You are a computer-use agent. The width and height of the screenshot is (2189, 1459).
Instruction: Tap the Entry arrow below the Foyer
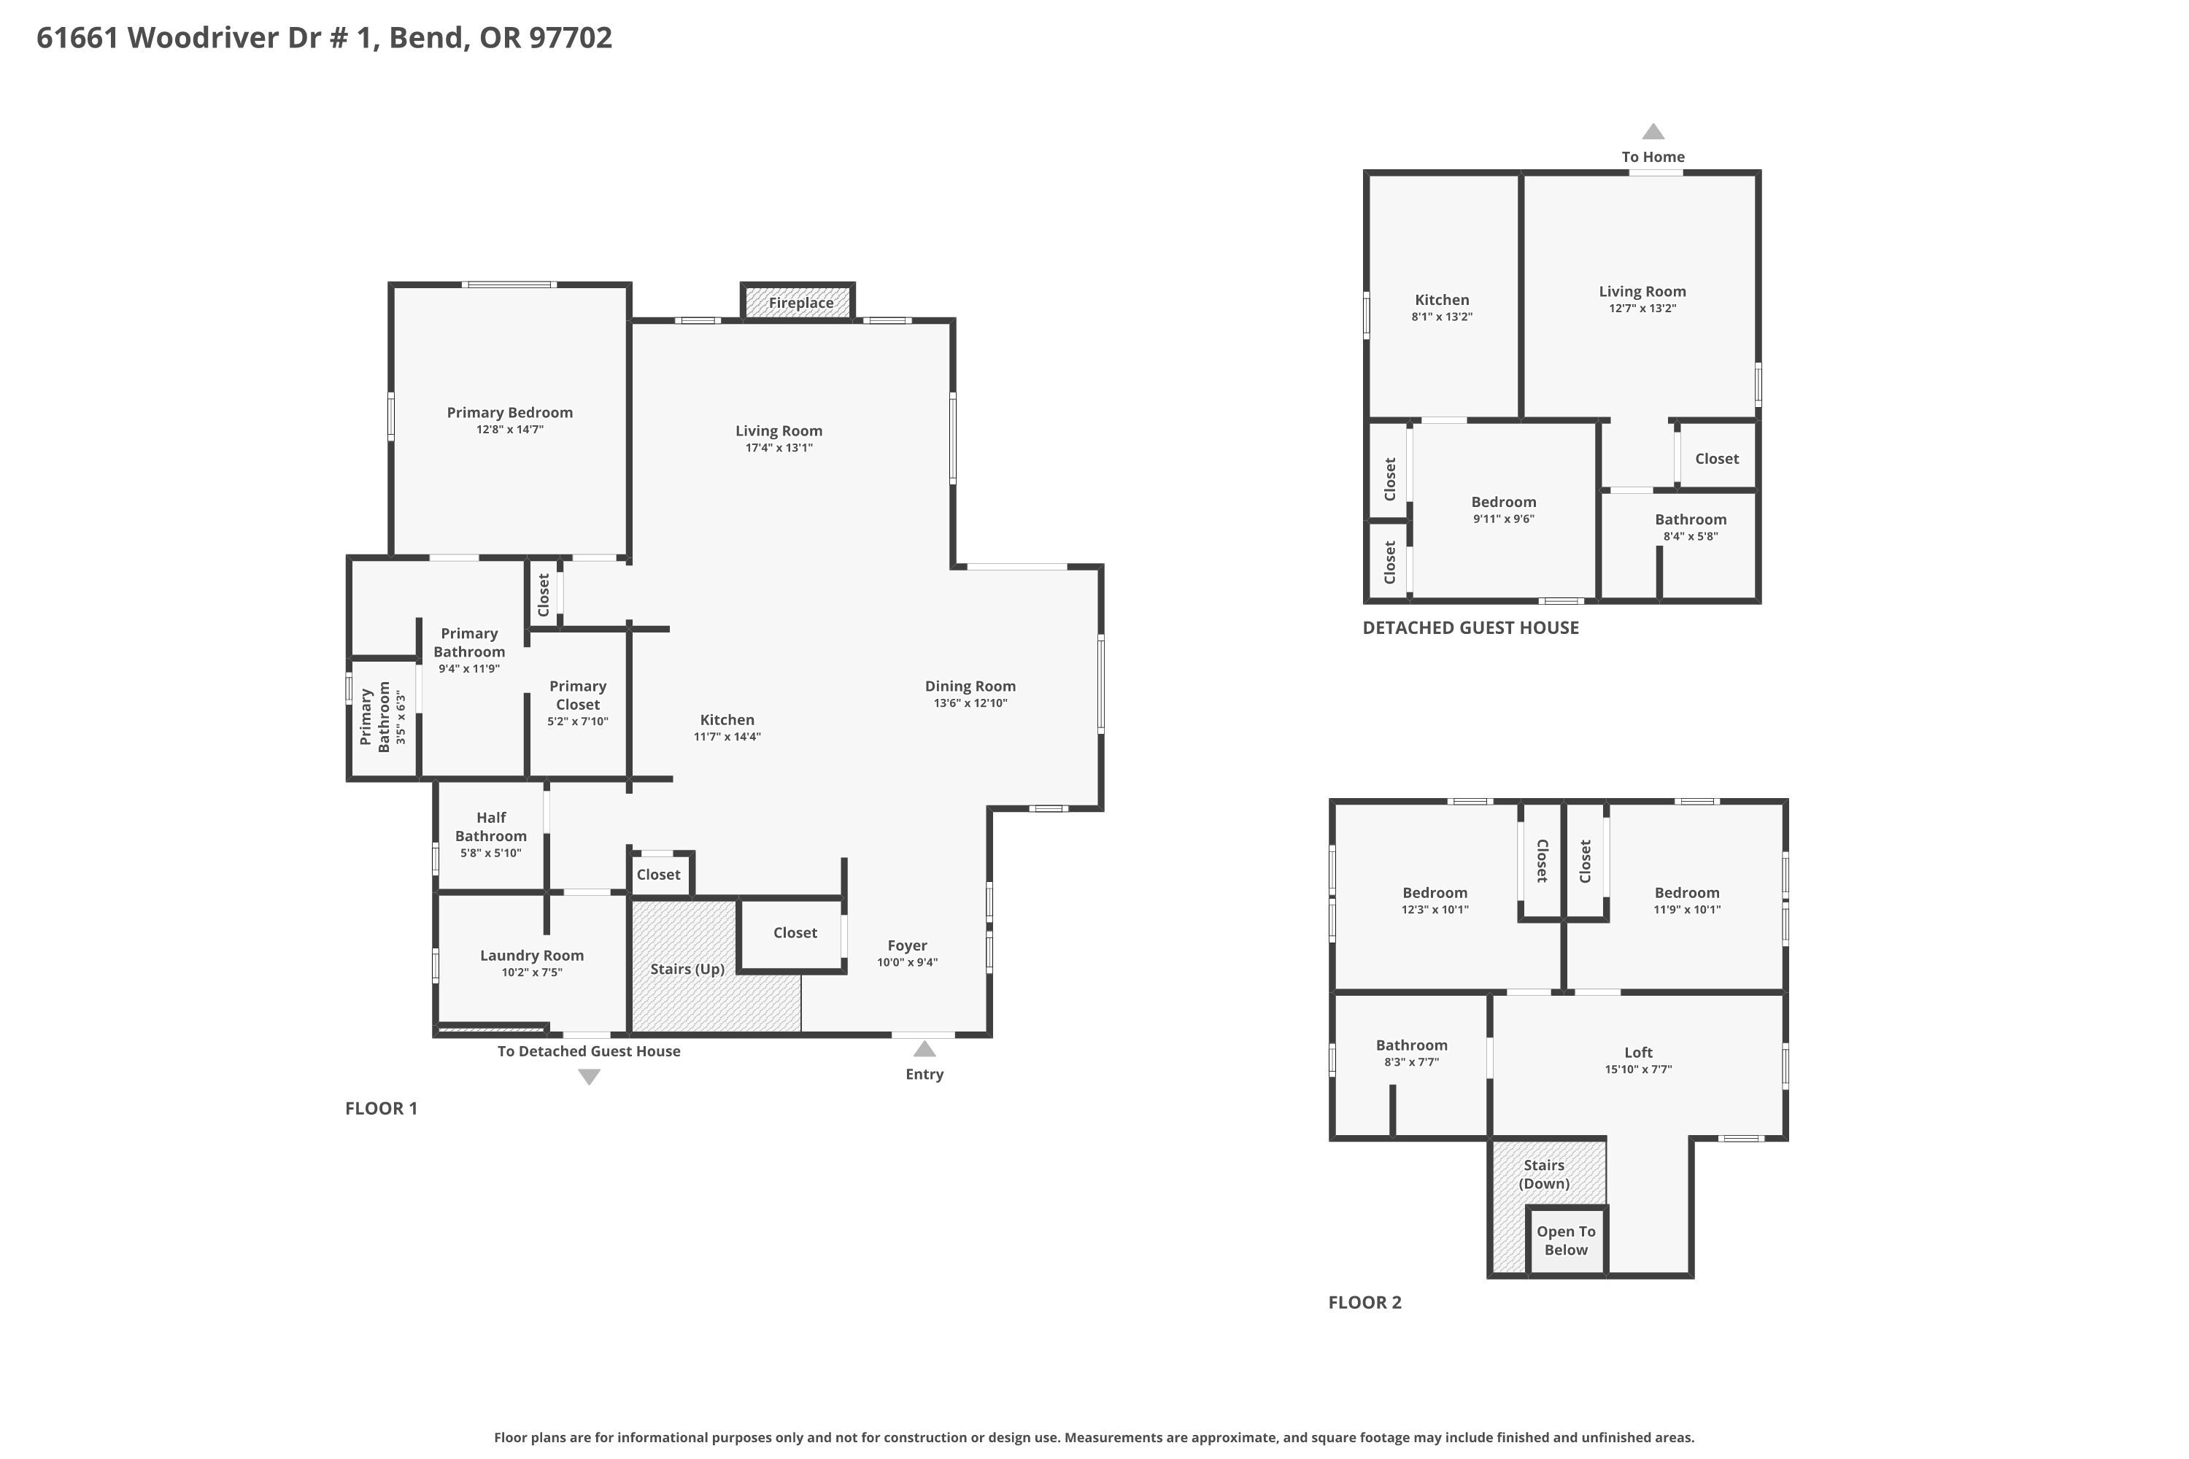(924, 1049)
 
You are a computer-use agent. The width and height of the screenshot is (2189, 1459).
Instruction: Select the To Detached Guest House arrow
(589, 1077)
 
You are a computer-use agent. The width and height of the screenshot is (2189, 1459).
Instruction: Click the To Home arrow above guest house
(1653, 131)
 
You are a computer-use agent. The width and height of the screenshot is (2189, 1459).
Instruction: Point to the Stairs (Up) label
(687, 969)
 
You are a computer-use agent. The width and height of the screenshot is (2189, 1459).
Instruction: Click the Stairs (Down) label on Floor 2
(1544, 1174)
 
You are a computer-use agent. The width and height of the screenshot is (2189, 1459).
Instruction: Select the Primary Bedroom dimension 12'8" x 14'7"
(510, 430)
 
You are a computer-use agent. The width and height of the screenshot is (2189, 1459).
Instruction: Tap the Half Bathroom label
(491, 827)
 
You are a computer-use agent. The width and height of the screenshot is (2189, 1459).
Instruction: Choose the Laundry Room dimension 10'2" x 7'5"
(533, 972)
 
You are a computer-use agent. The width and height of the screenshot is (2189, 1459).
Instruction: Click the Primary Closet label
(578, 695)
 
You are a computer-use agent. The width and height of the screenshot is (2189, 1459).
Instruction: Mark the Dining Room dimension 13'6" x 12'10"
(970, 703)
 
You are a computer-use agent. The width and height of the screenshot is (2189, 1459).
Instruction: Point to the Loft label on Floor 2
(1639, 1053)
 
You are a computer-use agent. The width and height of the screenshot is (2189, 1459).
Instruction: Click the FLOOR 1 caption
(382, 1108)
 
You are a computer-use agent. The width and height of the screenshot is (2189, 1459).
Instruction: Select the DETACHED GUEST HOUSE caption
(1470, 628)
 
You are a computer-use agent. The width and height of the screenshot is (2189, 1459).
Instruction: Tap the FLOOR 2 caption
(1364, 1303)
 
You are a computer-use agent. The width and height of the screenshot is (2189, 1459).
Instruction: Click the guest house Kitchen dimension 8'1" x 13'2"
(1442, 317)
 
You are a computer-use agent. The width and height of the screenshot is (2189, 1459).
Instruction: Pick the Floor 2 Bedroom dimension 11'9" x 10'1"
(1687, 910)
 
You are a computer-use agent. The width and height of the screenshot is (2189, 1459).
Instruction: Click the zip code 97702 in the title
(571, 38)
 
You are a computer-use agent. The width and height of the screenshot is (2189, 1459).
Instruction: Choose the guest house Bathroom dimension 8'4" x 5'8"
(1691, 537)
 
